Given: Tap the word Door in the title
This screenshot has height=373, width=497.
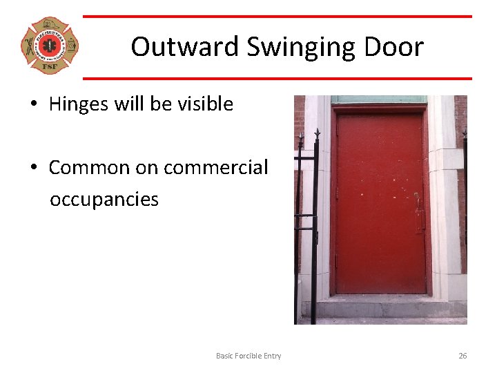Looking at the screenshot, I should pyautogui.click(x=396, y=47).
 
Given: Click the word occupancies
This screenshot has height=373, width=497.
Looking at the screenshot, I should pyautogui.click(x=104, y=200).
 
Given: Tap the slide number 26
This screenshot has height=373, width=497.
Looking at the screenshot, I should pyautogui.click(x=462, y=356).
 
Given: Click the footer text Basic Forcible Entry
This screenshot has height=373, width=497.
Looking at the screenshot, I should pyautogui.click(x=248, y=356).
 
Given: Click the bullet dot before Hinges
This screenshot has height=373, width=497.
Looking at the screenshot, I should pyautogui.click(x=33, y=105).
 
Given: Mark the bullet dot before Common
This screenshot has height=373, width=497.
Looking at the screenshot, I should pyautogui.click(x=33, y=169).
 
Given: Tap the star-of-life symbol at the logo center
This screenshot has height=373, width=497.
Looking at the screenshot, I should pyautogui.click(x=50, y=46).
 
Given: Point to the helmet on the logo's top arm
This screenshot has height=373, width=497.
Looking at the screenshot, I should pyautogui.click(x=50, y=25).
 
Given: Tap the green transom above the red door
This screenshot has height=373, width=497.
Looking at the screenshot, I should pyautogui.click(x=378, y=99).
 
